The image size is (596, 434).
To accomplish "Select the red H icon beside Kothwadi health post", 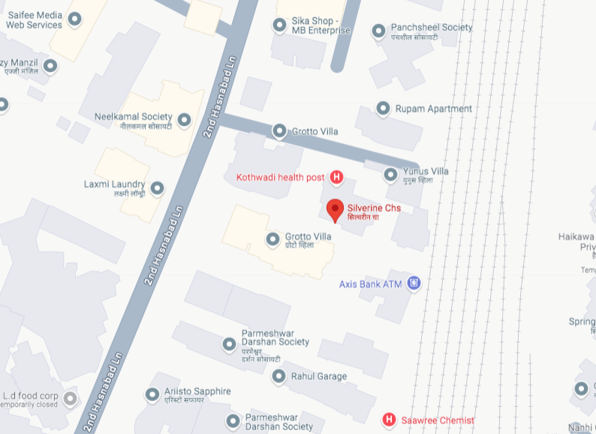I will coord(337,178).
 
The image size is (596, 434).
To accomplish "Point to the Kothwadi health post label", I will coord(281,178).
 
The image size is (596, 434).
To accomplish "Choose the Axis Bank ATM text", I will coord(371,284).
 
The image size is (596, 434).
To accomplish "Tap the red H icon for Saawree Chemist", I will coord(389,419).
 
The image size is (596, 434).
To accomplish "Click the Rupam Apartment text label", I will coord(434,109).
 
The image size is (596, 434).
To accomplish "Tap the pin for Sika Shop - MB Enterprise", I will coord(280,25).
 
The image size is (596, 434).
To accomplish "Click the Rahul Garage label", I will coord(319,376).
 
